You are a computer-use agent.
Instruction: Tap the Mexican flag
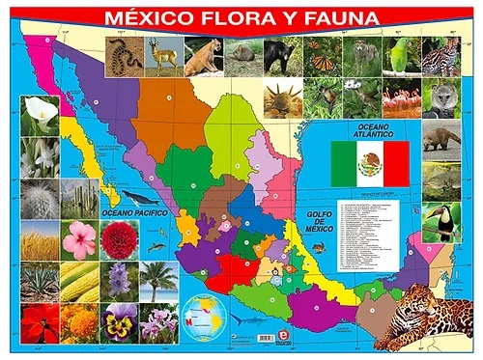pos(370,164)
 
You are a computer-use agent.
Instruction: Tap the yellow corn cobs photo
pos(81,281)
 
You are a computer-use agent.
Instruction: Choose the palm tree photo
pos(157,281)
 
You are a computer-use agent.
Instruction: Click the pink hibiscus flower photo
pos(80,239)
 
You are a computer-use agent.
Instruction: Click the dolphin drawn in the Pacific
pos(241,318)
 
